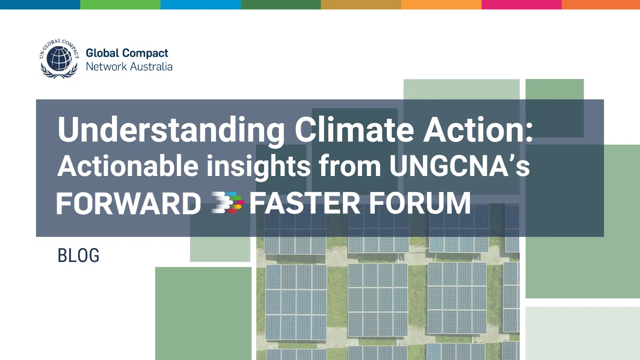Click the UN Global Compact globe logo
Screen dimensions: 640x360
point(59,58)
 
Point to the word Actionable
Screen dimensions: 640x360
point(128,166)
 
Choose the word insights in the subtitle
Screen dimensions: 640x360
point(258,167)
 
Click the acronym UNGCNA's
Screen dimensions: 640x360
point(460,166)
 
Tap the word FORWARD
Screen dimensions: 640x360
point(129,203)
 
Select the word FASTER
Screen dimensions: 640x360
point(305,203)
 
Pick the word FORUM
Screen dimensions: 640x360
point(420,203)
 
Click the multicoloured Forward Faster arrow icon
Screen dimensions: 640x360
point(228,202)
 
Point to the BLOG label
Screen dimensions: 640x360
point(78,256)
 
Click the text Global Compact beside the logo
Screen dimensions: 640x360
point(127,54)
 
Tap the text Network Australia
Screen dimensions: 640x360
point(129,67)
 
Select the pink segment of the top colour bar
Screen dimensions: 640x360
point(522,4)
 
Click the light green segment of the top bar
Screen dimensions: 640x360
point(120,4)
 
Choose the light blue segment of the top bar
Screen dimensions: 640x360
point(200,4)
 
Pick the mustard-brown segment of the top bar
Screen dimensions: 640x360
point(361,4)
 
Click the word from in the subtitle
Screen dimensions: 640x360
point(350,166)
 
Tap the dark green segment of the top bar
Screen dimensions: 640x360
point(281,4)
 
